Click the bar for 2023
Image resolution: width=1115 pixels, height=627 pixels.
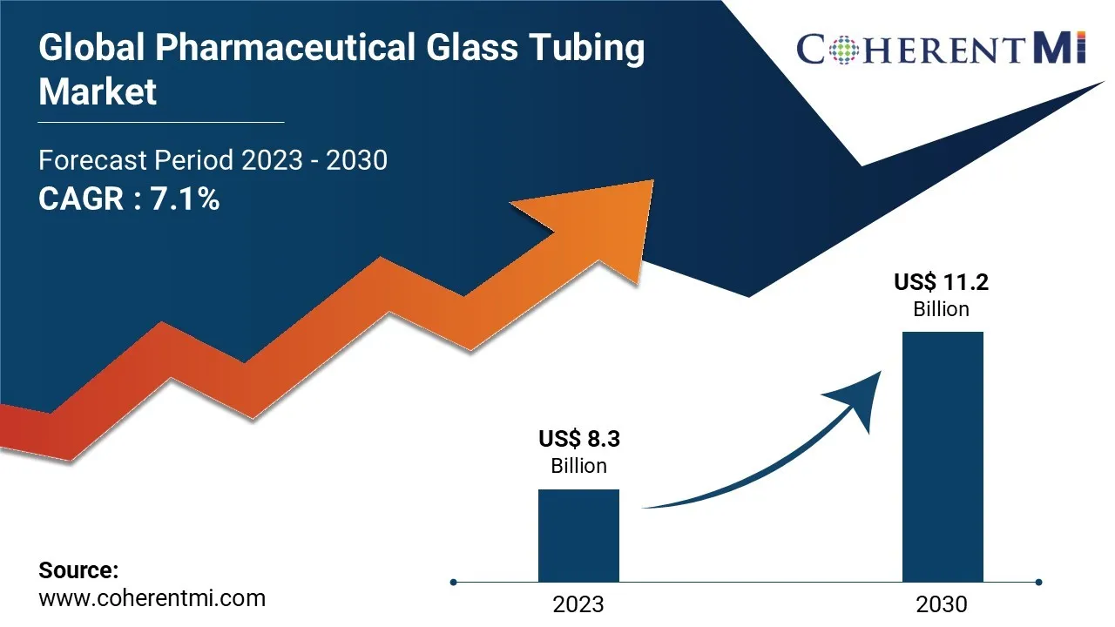578,535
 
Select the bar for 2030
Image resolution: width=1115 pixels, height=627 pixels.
943,456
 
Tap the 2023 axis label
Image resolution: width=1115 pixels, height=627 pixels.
578,603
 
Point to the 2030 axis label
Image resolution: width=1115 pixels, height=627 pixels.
942,603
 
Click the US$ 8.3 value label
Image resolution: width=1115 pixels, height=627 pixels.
578,438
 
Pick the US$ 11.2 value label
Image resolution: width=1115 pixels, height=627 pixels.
941,282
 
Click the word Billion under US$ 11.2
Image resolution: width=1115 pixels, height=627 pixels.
941,309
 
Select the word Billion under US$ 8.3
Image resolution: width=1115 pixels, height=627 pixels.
578,466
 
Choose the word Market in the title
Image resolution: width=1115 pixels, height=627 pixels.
98,91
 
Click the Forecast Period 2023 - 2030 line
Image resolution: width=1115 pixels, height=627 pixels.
213,160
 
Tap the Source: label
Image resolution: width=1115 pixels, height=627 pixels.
78,570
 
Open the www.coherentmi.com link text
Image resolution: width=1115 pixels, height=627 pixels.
152,598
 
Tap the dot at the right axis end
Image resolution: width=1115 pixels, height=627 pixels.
1038,582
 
